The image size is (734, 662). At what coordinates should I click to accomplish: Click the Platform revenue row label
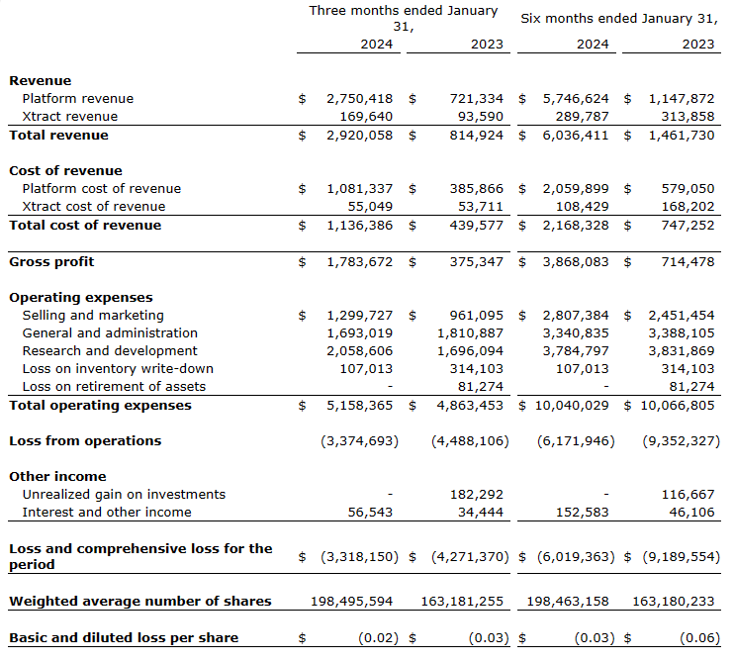click(77, 99)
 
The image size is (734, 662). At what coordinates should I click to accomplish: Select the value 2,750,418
click(359, 99)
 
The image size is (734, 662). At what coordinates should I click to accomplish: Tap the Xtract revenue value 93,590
click(476, 117)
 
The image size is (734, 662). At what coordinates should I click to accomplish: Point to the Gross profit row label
click(51, 262)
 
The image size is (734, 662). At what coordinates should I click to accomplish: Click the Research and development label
click(110, 351)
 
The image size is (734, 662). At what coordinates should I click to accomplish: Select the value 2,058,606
click(359, 351)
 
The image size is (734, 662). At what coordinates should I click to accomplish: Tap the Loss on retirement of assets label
click(114, 387)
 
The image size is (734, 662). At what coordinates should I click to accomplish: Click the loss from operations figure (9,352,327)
click(681, 441)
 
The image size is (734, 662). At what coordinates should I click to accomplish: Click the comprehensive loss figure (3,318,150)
click(359, 557)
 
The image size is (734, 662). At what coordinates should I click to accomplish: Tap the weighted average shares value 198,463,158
click(568, 602)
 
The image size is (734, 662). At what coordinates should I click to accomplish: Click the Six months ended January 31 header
click(618, 18)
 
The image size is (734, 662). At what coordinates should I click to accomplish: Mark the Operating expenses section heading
click(81, 298)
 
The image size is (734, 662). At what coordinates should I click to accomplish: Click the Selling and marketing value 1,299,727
click(359, 316)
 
